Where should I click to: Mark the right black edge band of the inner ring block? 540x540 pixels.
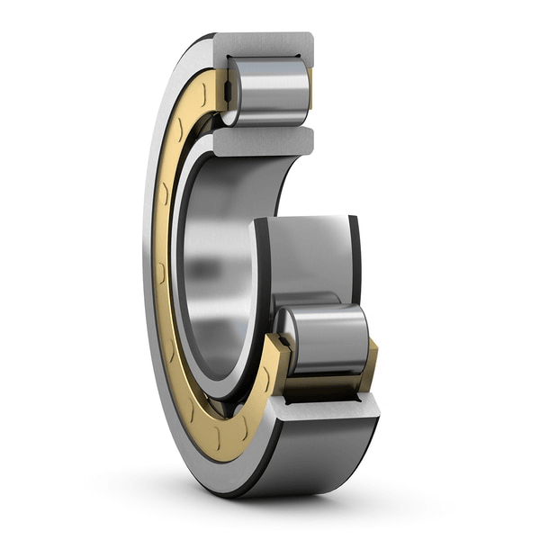[355, 261]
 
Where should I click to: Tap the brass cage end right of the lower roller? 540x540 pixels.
[370, 364]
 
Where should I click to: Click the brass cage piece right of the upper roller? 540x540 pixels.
[310, 85]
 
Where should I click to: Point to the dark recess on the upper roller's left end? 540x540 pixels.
[230, 90]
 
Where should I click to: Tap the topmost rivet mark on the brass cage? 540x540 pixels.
[208, 90]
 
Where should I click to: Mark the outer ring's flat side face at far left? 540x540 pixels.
[148, 270]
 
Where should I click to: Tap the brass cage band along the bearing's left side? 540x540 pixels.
[162, 270]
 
